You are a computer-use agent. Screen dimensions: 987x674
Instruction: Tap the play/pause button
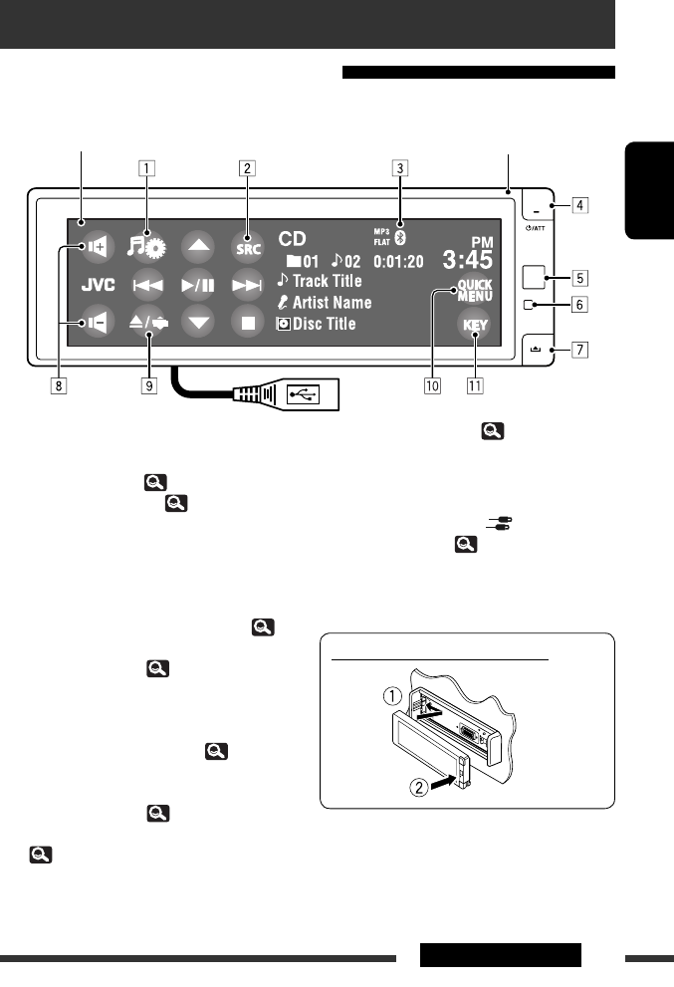(x=197, y=285)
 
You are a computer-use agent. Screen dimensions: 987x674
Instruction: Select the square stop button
(x=247, y=324)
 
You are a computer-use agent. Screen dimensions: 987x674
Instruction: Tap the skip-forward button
(x=247, y=285)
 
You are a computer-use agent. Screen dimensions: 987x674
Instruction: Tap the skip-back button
(x=147, y=285)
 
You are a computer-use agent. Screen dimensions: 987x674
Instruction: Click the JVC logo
(x=98, y=285)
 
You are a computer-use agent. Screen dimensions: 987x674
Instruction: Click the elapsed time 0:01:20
(x=398, y=261)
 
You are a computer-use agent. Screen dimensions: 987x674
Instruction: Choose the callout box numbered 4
(x=578, y=207)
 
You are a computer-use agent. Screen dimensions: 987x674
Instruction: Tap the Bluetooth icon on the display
(x=398, y=238)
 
